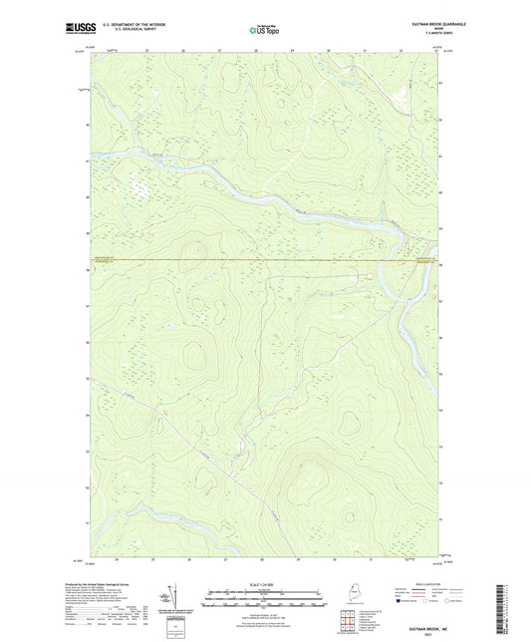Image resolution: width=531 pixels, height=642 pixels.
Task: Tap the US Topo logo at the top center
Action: (x=264, y=30)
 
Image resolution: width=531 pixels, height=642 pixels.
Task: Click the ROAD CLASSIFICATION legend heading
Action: (x=426, y=583)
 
